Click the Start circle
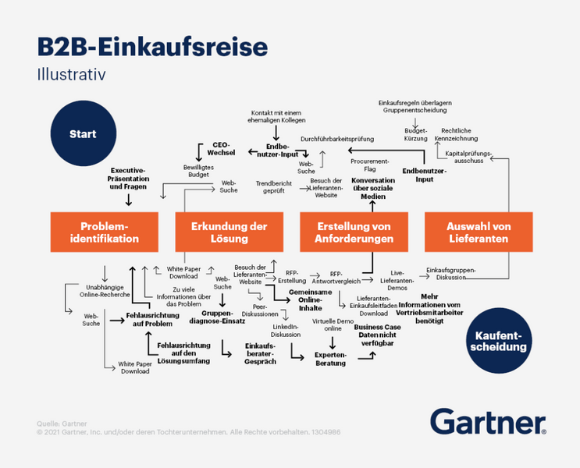click(x=82, y=134)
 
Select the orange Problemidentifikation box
click(x=105, y=232)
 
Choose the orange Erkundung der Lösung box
click(x=230, y=232)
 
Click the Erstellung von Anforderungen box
click(x=355, y=232)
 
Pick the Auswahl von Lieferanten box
click(x=479, y=232)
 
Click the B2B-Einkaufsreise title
click(x=152, y=46)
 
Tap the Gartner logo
click(x=487, y=422)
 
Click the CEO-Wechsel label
click(x=222, y=148)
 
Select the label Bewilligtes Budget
click(x=196, y=171)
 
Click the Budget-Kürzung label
click(x=415, y=134)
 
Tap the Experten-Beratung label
click(x=331, y=359)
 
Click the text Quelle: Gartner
click(x=62, y=424)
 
